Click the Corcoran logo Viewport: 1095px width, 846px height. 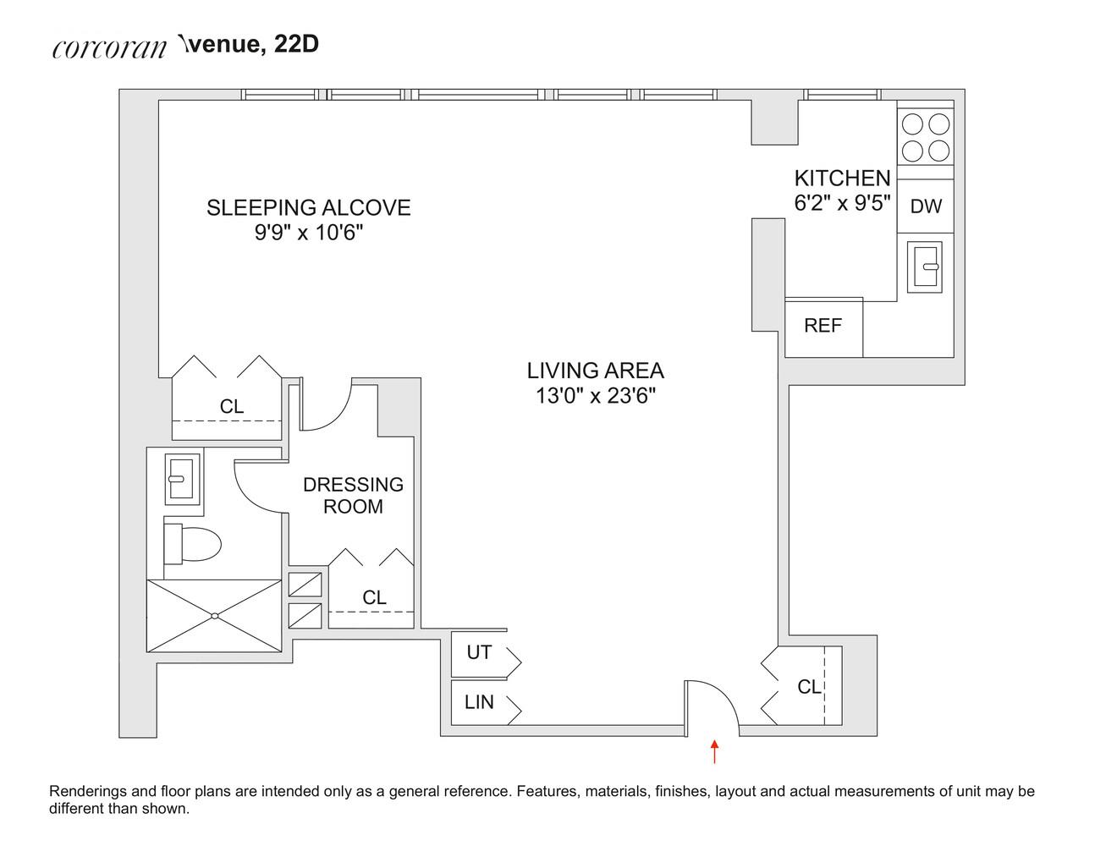click(x=109, y=47)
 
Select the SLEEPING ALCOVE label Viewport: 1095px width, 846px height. click(x=308, y=207)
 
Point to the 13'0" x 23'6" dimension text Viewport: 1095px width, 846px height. click(x=595, y=395)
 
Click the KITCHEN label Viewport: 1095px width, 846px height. click(x=842, y=179)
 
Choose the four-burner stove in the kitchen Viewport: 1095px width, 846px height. click(x=925, y=138)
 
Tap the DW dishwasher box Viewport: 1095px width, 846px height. click(x=925, y=206)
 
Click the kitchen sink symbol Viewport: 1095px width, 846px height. click(x=925, y=266)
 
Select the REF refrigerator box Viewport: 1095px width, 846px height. click(x=823, y=326)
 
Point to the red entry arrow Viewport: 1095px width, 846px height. click(x=715, y=751)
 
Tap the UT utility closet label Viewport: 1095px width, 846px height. click(x=479, y=653)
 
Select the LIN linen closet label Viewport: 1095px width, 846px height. click(x=479, y=702)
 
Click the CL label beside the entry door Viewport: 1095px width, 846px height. click(x=809, y=687)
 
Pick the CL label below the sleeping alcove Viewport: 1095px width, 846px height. click(x=231, y=407)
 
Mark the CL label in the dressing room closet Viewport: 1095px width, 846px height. click(x=374, y=597)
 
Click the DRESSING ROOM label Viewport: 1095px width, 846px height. click(x=353, y=495)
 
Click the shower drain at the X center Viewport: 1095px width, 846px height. click(x=214, y=616)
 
